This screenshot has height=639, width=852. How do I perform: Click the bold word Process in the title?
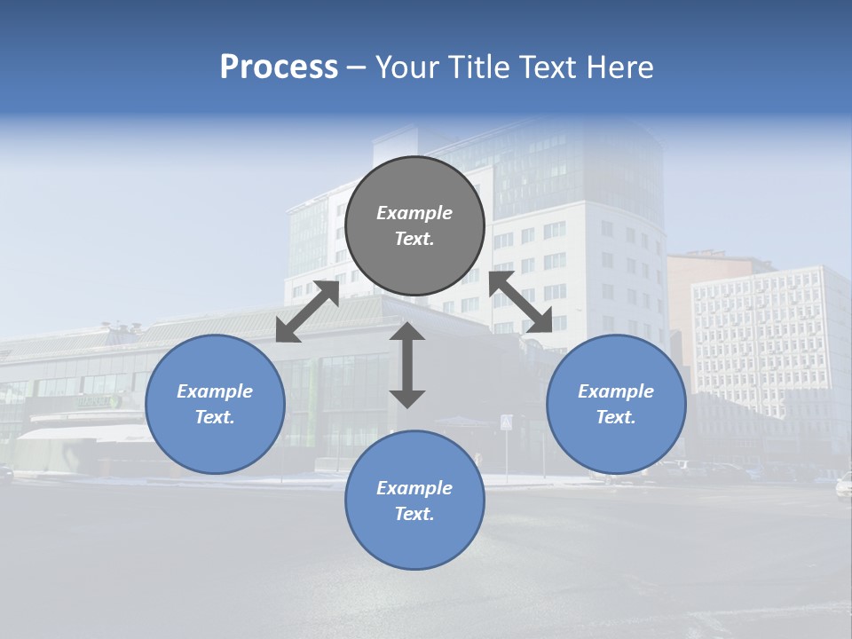click(279, 67)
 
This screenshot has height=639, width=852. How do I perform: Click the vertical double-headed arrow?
click(407, 365)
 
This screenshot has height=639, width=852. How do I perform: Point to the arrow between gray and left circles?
click(307, 312)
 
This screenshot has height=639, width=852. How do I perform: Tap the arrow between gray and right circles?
click(520, 302)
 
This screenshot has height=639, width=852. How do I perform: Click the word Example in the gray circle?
click(414, 213)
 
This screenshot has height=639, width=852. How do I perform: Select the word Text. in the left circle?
click(215, 417)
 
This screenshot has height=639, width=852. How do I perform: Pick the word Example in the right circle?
click(616, 391)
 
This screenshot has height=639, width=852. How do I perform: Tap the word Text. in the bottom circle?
click(414, 514)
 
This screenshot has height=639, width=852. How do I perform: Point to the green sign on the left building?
click(96, 402)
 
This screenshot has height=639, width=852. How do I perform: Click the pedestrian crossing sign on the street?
click(506, 422)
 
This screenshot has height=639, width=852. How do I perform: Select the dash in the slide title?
click(357, 67)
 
